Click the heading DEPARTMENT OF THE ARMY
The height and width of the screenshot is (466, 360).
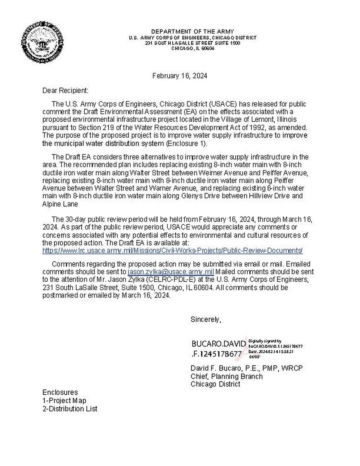click(192, 31)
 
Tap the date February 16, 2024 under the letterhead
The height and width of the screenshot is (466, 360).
click(180, 76)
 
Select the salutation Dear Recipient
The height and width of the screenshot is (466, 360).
click(65, 91)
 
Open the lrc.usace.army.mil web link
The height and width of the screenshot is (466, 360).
click(172, 250)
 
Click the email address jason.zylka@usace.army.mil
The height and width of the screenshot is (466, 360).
click(171, 272)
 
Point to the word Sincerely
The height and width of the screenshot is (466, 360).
click(206, 319)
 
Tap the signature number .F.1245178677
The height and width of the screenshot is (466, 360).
click(216, 354)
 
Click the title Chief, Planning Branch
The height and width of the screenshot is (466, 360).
click(226, 376)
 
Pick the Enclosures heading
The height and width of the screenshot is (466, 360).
click(60, 392)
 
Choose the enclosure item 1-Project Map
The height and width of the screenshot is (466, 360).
click(64, 400)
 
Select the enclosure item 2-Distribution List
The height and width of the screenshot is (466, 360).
click(70, 409)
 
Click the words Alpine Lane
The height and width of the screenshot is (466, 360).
click(60, 204)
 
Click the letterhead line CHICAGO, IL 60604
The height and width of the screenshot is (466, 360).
click(192, 48)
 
